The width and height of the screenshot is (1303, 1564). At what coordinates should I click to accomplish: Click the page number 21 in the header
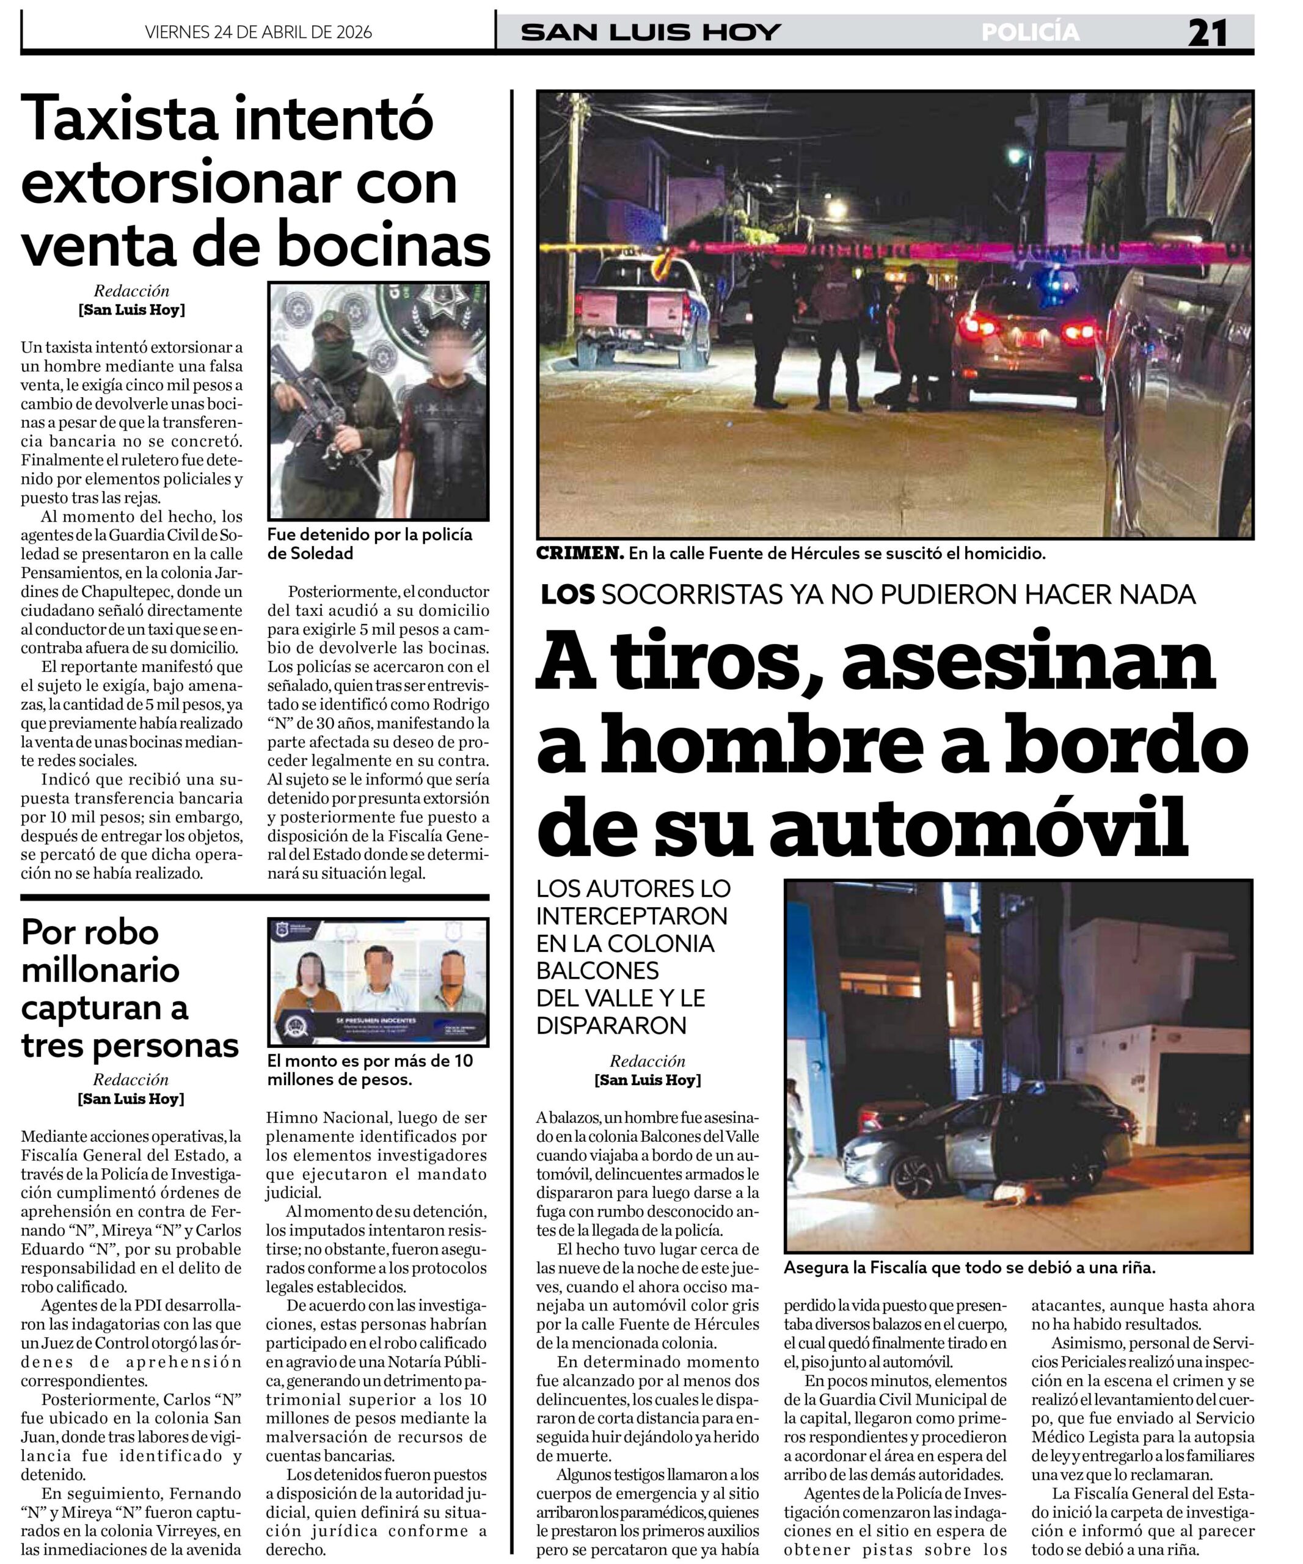point(1207,33)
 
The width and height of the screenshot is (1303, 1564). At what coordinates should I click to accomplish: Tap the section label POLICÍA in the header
point(1030,32)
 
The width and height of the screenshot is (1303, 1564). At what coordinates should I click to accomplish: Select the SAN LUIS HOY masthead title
point(651,32)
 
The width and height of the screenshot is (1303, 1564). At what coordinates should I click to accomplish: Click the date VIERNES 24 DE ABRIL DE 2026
point(258,32)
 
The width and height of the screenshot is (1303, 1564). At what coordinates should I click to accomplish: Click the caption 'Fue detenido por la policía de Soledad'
point(370,544)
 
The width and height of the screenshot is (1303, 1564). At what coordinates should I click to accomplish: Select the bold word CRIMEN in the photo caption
point(579,554)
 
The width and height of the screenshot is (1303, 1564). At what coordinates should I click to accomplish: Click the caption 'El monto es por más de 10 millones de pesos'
point(370,1070)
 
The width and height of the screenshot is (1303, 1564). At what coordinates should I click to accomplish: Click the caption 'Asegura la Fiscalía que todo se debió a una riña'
point(969,1268)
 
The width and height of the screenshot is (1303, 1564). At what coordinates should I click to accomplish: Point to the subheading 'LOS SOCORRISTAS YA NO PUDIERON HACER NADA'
point(867,594)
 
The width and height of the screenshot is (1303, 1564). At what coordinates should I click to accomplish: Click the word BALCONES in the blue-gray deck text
point(597,970)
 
